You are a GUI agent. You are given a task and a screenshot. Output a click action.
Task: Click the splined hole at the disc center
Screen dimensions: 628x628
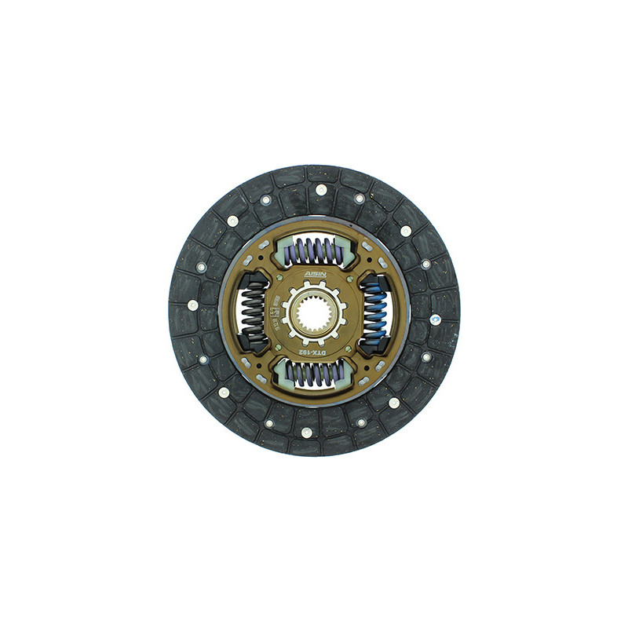pyautogui.click(x=314, y=314)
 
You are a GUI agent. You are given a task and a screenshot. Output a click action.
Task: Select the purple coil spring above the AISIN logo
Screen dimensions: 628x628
pyautogui.click(x=314, y=252)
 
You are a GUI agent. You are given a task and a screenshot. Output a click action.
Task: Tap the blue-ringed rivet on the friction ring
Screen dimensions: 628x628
pyautogui.click(x=434, y=319)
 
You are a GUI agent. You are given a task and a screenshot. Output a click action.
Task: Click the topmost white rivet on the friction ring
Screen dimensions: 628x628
pyautogui.click(x=320, y=189)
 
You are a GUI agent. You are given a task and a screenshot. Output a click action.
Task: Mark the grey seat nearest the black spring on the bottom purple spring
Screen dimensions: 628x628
pyautogui.click(x=282, y=377)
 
